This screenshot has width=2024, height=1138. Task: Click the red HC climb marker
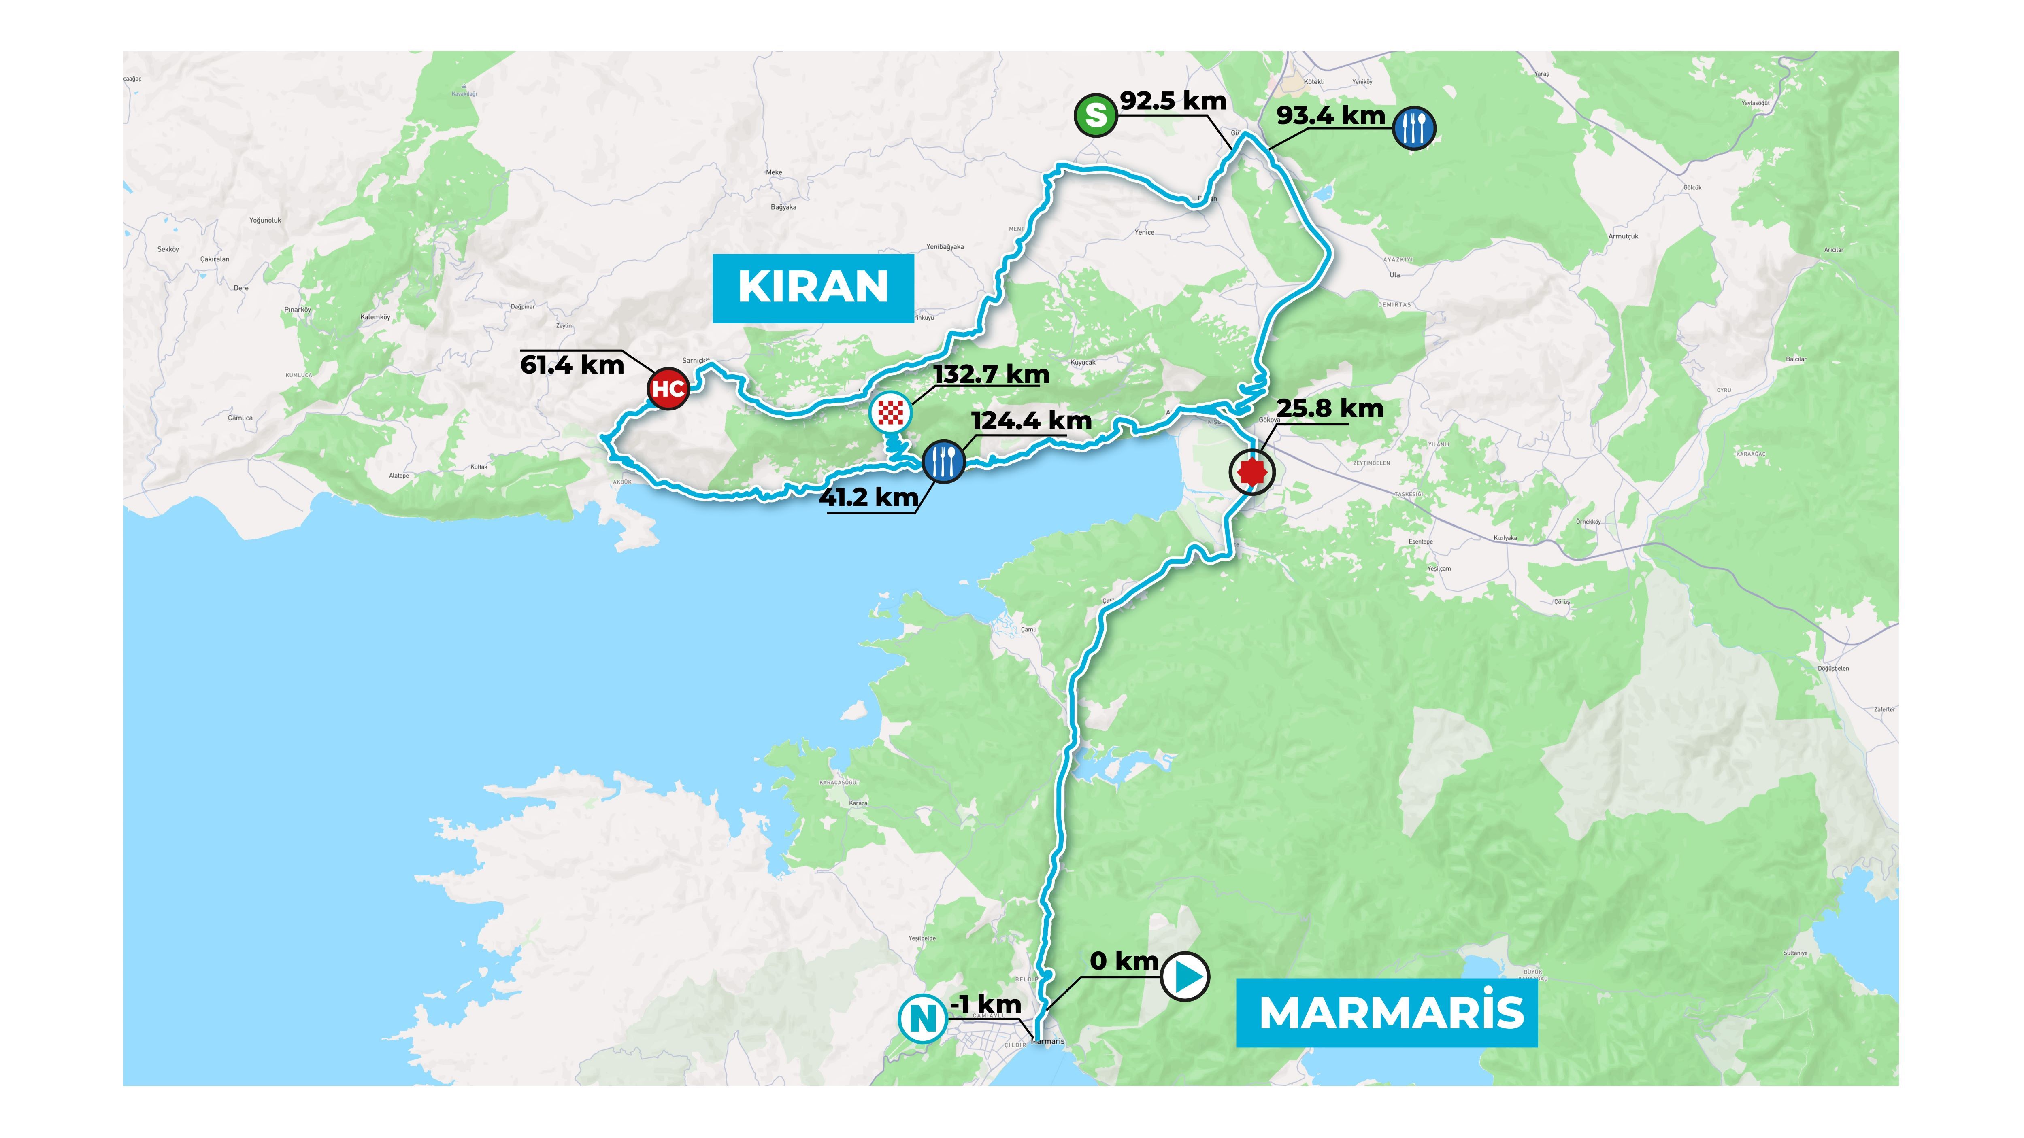[668, 388]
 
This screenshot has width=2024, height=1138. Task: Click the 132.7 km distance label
[992, 375]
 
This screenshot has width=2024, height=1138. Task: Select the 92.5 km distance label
[1173, 101]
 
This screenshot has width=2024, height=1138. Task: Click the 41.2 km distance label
[869, 497]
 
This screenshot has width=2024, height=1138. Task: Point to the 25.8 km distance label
[1330, 409]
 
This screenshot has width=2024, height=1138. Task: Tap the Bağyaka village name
[783, 207]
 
